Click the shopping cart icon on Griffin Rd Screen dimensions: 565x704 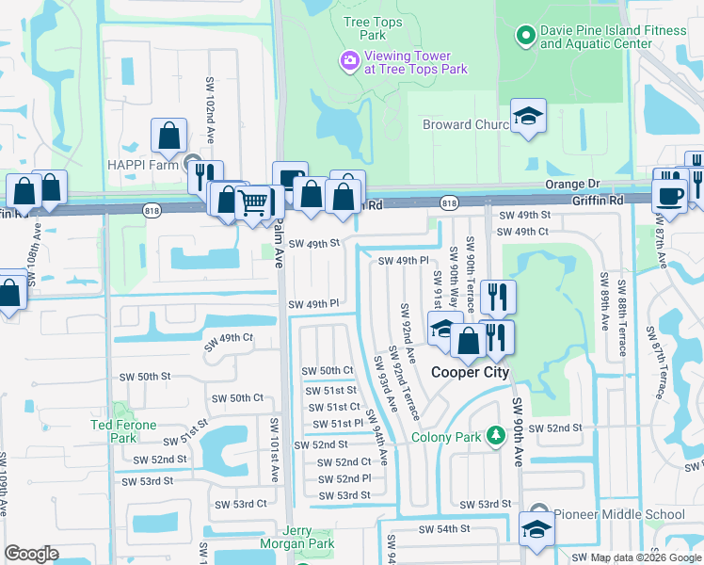click(x=252, y=201)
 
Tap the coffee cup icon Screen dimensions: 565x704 click(x=670, y=196)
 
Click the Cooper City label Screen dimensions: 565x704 click(x=470, y=372)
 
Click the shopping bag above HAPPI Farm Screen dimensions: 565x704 click(x=168, y=137)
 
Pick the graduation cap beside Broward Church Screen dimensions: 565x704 click(x=529, y=117)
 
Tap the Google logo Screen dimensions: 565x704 click(x=31, y=554)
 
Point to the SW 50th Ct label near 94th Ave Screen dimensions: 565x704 click(x=328, y=371)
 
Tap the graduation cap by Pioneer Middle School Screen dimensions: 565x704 click(x=536, y=529)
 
